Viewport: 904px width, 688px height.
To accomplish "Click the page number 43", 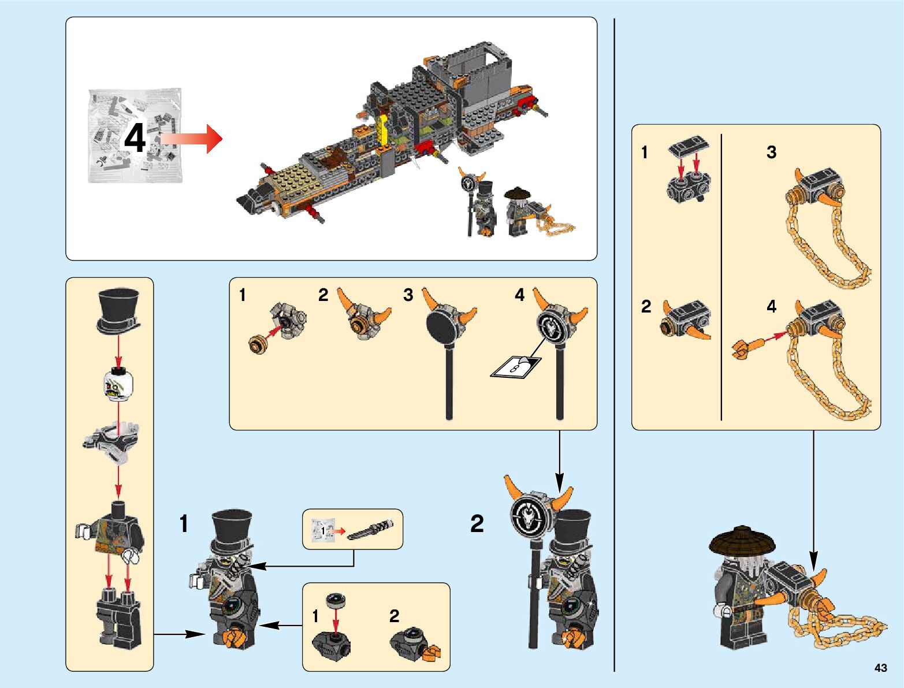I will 880,668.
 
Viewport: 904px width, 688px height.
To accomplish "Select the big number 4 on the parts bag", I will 135,139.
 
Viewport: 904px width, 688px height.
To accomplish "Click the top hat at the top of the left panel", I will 118,310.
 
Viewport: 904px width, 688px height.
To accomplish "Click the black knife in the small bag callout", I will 371,529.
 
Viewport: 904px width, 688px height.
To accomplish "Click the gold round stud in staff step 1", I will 257,345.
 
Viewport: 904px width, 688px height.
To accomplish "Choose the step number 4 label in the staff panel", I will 520,295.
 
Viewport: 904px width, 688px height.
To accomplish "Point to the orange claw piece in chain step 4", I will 745,347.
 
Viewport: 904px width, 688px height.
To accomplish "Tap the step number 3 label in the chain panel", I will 771,153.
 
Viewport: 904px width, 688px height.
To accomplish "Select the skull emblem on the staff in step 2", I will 529,514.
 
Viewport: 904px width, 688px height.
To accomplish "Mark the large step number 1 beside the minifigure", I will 184,524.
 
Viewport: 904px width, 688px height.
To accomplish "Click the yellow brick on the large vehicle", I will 382,131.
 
